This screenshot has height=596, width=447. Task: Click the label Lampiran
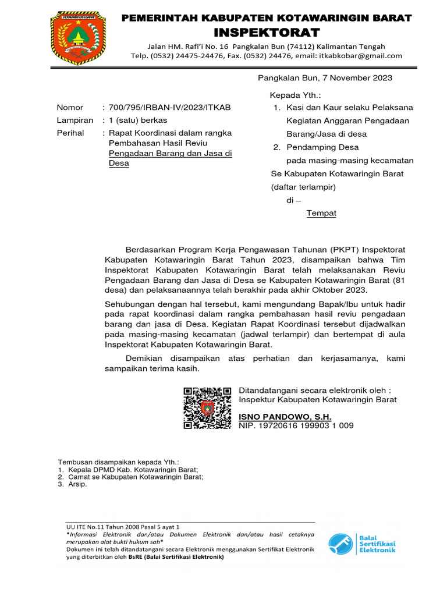(74, 120)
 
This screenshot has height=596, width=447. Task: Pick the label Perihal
(70, 133)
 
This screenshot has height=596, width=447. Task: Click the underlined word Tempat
(321, 213)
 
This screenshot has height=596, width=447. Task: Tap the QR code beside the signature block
(207, 407)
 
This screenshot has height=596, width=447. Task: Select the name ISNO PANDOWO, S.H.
(285, 417)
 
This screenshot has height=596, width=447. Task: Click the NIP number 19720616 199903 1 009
(304, 425)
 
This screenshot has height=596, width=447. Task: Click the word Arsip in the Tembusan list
(77, 484)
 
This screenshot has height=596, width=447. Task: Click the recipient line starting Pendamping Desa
(322, 147)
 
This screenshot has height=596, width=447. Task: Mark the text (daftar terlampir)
(303, 187)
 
